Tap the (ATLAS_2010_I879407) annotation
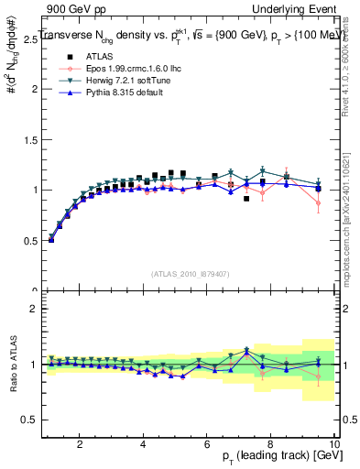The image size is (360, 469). [x=190, y=274]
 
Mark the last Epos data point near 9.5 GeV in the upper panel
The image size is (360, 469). [x=318, y=202]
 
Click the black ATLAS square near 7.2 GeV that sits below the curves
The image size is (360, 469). [x=246, y=198]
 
